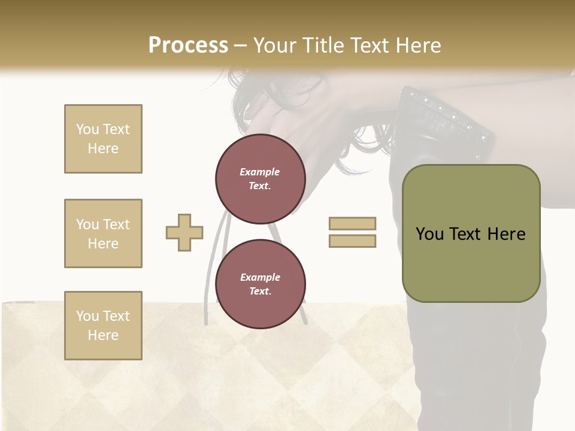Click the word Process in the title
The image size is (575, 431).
click(188, 45)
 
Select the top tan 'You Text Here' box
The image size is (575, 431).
click(103, 139)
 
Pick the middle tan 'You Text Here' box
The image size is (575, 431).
click(103, 233)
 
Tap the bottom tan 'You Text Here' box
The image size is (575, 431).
click(103, 326)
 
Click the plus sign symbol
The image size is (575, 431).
click(184, 232)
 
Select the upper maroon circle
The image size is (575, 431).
click(261, 179)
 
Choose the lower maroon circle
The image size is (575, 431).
click(261, 284)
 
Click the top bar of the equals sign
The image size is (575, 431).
click(352, 223)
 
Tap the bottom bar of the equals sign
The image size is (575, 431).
click(352, 241)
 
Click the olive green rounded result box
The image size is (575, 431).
click(471, 263)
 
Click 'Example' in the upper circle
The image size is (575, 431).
click(260, 172)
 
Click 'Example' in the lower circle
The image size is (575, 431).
click(260, 277)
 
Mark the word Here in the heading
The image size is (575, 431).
click(417, 45)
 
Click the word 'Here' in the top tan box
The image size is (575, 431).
click(103, 148)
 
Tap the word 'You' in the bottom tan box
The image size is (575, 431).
click(87, 316)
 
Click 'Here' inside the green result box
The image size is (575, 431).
click(507, 234)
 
